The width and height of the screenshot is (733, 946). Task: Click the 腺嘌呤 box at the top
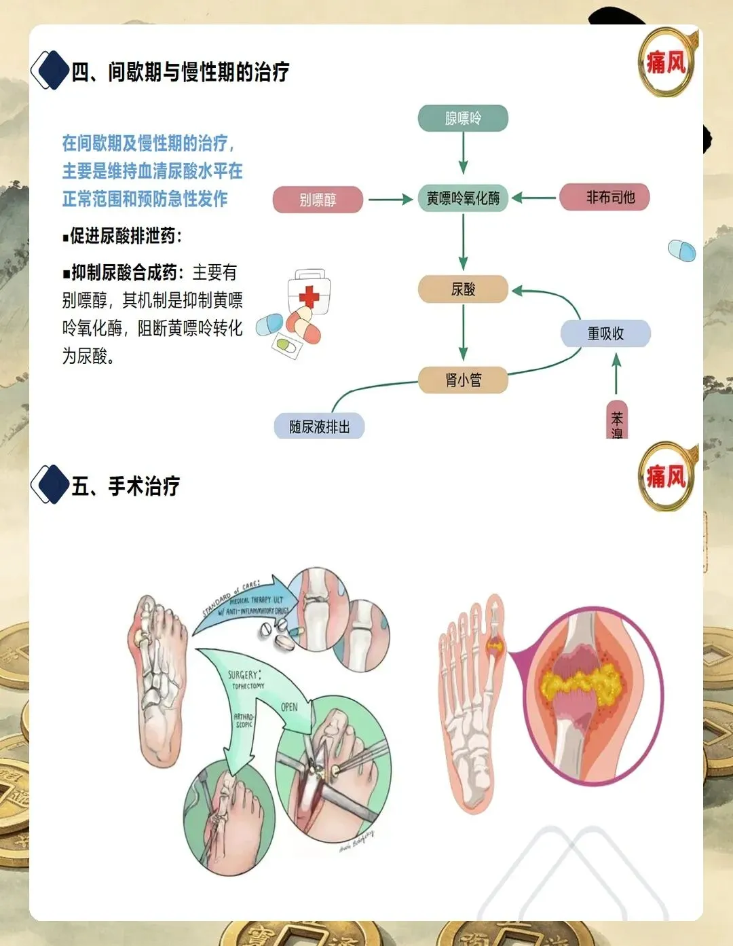pyautogui.click(x=463, y=118)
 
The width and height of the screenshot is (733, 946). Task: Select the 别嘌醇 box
pyautogui.click(x=318, y=200)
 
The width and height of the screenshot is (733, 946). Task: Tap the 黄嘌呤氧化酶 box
pyautogui.click(x=463, y=198)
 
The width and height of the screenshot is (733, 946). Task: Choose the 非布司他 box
pyautogui.click(x=604, y=198)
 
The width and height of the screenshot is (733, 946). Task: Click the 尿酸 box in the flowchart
pyautogui.click(x=463, y=289)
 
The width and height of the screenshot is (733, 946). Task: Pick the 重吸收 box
pyautogui.click(x=605, y=333)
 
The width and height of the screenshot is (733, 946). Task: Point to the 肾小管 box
pyautogui.click(x=463, y=380)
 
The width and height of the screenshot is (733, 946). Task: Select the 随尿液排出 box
pyautogui.click(x=319, y=426)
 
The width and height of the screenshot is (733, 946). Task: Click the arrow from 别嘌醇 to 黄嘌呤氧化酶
pyautogui.click(x=390, y=200)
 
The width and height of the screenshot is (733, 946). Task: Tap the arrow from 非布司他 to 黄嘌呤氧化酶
pyautogui.click(x=534, y=198)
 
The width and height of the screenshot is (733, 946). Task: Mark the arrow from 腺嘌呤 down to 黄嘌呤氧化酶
pyautogui.click(x=463, y=153)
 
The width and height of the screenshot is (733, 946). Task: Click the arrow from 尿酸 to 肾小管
pyautogui.click(x=463, y=333)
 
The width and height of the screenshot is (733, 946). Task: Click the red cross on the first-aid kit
pyautogui.click(x=309, y=296)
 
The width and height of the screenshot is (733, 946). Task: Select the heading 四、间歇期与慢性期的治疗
pyautogui.click(x=181, y=72)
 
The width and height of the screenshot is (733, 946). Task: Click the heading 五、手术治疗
pyautogui.click(x=126, y=486)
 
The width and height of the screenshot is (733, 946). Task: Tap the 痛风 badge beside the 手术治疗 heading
pyautogui.click(x=666, y=477)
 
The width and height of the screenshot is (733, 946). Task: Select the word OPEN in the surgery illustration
pyautogui.click(x=289, y=707)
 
